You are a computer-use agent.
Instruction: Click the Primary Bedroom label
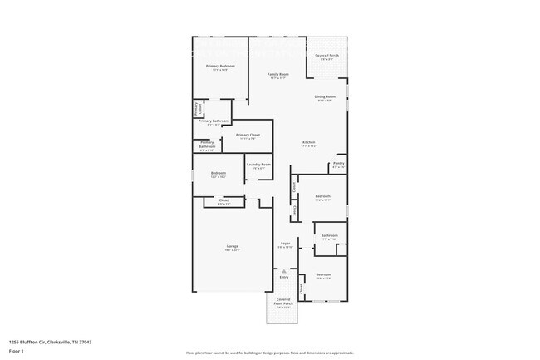tap(220, 66)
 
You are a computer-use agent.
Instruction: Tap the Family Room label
tap(277, 74)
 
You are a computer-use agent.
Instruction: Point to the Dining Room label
tap(325, 97)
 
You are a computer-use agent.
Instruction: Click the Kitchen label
tap(308, 142)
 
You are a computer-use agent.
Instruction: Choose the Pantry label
tap(338, 163)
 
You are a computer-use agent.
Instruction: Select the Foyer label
tap(284, 244)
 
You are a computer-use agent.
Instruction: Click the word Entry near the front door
tap(284, 278)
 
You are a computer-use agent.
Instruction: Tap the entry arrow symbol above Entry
tap(284, 269)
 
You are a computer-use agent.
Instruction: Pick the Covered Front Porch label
tap(284, 304)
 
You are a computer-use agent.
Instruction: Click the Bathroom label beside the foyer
tap(329, 235)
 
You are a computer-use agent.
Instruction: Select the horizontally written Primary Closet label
tap(248, 135)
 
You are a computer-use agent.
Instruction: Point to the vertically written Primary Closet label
tap(197, 108)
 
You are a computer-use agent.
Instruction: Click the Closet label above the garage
tap(224, 200)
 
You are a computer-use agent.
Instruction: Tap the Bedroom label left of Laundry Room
tap(218, 173)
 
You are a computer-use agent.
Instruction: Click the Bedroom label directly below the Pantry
tap(323, 197)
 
